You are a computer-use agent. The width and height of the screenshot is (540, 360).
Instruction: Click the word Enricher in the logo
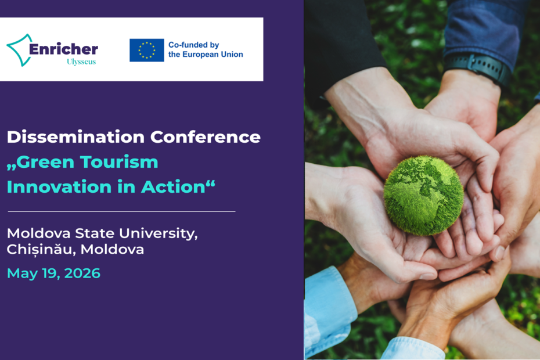(x=63, y=49)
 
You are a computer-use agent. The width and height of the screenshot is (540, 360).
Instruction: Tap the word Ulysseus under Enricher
(x=81, y=62)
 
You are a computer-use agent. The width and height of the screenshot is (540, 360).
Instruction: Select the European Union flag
(x=146, y=51)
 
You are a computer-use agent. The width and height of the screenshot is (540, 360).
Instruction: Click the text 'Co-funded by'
(x=193, y=45)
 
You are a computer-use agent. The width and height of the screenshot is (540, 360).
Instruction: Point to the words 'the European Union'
(x=206, y=55)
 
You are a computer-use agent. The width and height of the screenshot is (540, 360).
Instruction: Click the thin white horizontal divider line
(x=121, y=211)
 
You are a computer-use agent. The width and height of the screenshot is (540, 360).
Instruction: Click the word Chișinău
(x=41, y=250)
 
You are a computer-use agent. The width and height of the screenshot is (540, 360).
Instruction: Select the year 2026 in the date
(x=82, y=273)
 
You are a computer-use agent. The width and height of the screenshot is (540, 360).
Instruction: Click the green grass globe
(x=423, y=195)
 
